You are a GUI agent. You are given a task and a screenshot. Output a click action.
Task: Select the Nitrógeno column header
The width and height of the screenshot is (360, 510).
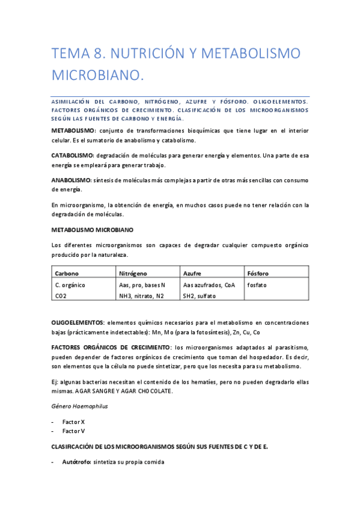tap(133, 273)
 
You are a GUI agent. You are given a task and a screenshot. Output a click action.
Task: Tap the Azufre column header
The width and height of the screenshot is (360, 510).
tap(194, 273)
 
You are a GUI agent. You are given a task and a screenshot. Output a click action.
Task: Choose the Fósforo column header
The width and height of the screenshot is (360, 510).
tap(259, 273)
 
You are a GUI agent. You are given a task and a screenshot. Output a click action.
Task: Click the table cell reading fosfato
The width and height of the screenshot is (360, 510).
tap(257, 284)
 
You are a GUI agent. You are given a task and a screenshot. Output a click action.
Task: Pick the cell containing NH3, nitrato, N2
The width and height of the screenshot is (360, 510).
tap(141, 296)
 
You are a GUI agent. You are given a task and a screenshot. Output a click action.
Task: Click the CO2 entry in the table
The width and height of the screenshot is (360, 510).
tap(61, 296)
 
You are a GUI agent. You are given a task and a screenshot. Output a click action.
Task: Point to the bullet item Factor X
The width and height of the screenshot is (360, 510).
tap(74, 422)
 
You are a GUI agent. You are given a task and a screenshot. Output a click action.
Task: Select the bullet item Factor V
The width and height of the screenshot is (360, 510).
tap(74, 431)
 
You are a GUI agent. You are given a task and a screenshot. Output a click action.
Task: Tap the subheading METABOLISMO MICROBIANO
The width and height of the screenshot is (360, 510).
tap(93, 230)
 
